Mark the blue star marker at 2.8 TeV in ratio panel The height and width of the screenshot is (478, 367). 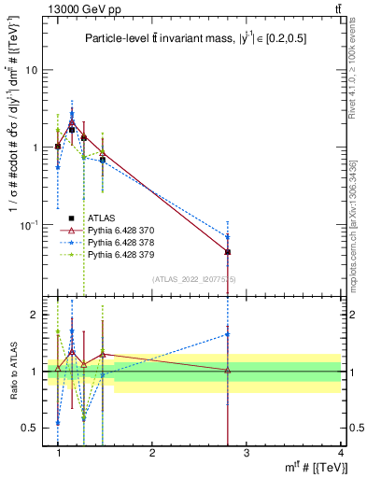click(228, 333)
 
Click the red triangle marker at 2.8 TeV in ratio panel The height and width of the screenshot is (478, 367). click(228, 371)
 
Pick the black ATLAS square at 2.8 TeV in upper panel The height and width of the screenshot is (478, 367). click(228, 252)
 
